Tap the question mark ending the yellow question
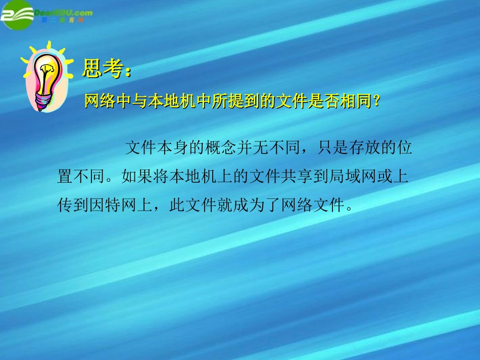375,101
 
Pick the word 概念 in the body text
220,148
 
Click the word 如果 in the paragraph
137,177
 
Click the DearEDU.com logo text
64,12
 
